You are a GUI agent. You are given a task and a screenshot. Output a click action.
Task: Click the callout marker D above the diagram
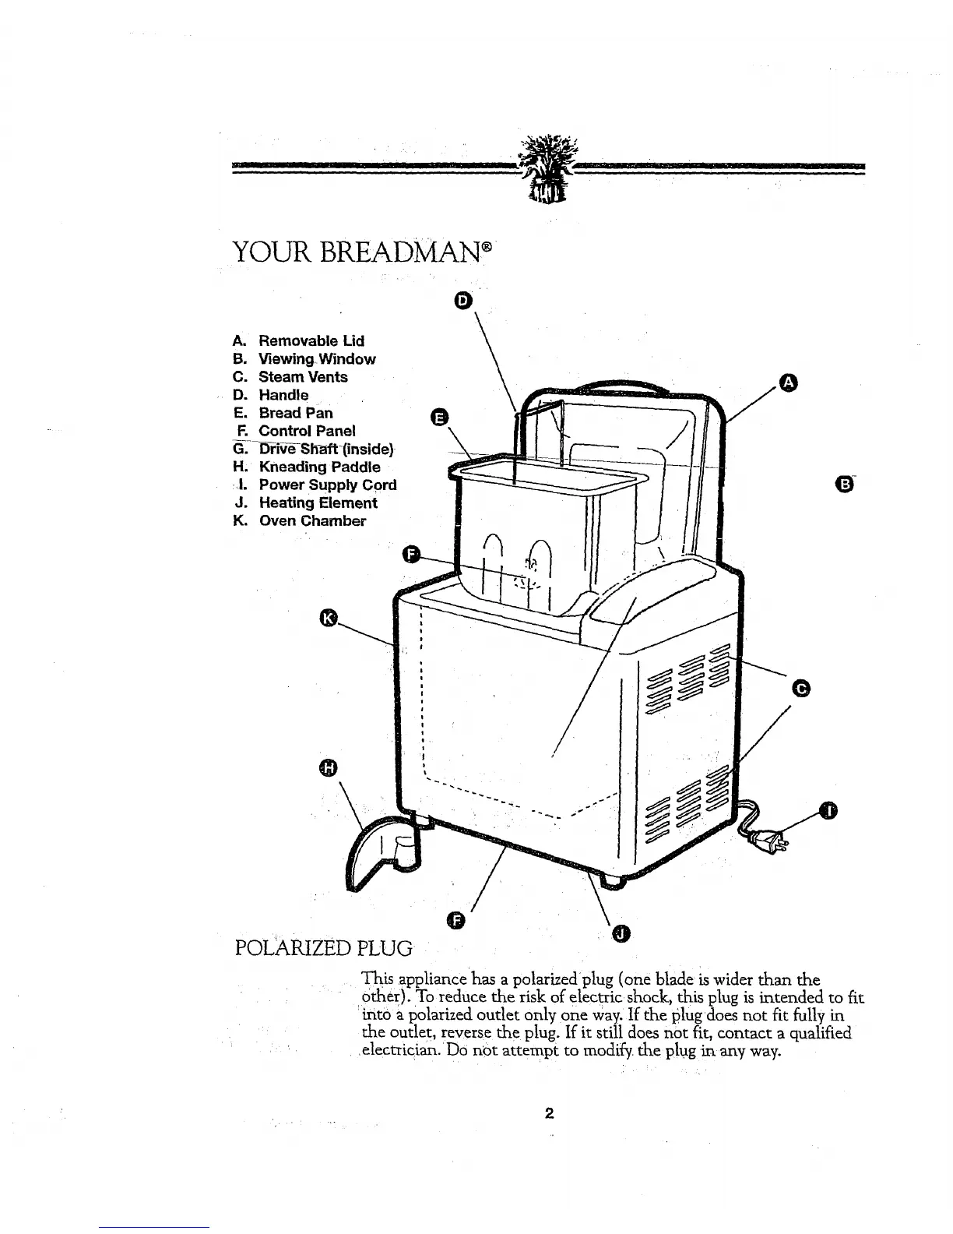click(x=462, y=301)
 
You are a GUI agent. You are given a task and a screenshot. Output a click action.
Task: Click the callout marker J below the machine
click(x=620, y=933)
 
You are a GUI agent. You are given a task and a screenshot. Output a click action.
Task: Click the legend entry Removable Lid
click(x=311, y=340)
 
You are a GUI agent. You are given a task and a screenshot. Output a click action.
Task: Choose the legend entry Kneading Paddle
click(x=319, y=467)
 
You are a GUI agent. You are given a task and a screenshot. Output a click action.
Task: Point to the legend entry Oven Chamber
click(x=311, y=520)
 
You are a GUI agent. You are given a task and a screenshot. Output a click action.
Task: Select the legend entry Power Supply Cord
click(x=327, y=485)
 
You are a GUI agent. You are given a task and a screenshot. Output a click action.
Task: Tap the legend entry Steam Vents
click(x=303, y=376)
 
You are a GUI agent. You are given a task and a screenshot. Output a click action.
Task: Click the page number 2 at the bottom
click(x=549, y=1113)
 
